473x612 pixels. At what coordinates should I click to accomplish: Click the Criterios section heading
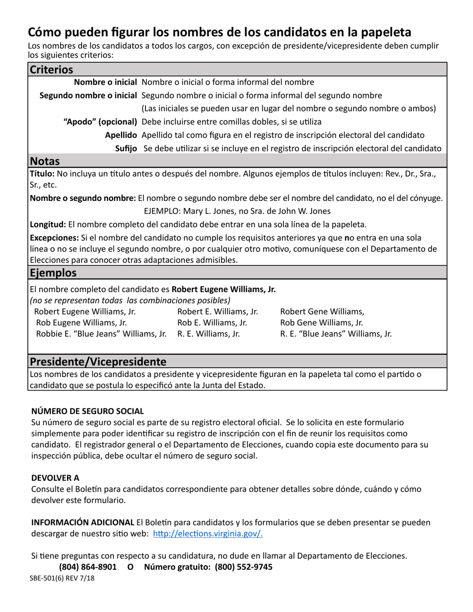pyautogui.click(x=51, y=70)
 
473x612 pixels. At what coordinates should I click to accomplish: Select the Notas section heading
pyautogui.click(x=45, y=161)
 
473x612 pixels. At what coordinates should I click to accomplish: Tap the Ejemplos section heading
pyautogui.click(x=53, y=273)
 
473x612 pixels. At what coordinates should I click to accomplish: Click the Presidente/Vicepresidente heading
pyautogui.click(x=98, y=361)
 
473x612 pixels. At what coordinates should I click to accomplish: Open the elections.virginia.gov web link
pyautogui.click(x=208, y=534)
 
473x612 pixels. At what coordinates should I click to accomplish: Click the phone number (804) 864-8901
pyautogui.click(x=88, y=567)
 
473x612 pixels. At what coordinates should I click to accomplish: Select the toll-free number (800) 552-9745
pyautogui.click(x=243, y=567)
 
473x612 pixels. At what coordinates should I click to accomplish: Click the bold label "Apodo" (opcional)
pyautogui.click(x=100, y=121)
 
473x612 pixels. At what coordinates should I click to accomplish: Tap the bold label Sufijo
pyautogui.click(x=126, y=148)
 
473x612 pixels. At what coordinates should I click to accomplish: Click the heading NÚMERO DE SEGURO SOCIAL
pyautogui.click(x=88, y=411)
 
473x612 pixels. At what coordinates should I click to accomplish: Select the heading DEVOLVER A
pyautogui.click(x=55, y=478)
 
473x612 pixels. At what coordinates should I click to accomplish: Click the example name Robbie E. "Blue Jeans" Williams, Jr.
pyautogui.click(x=102, y=334)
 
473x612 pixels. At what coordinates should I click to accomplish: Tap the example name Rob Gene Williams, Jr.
pyautogui.click(x=322, y=323)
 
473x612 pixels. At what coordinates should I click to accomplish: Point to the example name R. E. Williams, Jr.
pyautogui.click(x=209, y=334)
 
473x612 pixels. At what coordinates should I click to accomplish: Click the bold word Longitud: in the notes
pyautogui.click(x=48, y=224)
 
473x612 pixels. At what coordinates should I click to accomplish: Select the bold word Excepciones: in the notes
pyautogui.click(x=54, y=238)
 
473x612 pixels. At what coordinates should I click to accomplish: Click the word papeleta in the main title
pyautogui.click(x=382, y=32)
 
